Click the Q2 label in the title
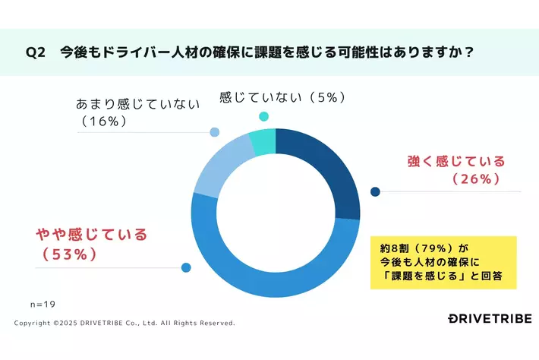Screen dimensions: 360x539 tap(36, 53)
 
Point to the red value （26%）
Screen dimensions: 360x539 tap(475, 179)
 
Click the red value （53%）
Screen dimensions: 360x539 tap(67, 254)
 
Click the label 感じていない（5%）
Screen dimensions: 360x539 tap(283, 97)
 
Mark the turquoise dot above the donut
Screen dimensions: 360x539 tap(264, 116)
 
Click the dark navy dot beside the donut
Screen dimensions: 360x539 tap(375, 191)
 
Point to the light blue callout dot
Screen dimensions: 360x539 tap(215, 132)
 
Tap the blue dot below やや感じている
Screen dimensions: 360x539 tap(186, 267)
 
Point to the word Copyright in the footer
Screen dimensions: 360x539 tap(33, 323)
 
